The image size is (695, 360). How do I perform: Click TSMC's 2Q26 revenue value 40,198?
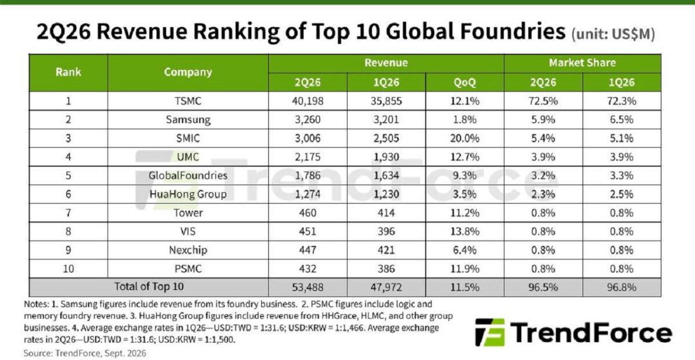(x=308, y=101)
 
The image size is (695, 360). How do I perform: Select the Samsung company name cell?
(x=188, y=120)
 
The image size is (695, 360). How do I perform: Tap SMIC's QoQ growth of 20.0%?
(x=464, y=138)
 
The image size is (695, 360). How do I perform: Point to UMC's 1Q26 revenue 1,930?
(x=386, y=157)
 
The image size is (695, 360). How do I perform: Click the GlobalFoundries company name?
(x=188, y=175)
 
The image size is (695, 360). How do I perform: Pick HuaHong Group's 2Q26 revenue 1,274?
(x=308, y=194)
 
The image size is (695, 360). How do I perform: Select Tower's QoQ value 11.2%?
(x=464, y=213)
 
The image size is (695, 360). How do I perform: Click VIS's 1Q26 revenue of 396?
(x=386, y=232)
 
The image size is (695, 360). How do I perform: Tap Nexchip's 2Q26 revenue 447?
(x=308, y=250)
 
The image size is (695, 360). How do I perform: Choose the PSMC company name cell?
(x=188, y=269)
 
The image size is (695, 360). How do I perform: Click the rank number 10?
(x=68, y=269)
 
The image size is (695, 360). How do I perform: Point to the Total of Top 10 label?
(x=149, y=286)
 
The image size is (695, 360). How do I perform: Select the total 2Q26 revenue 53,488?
(x=308, y=287)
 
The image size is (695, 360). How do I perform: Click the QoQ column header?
(x=464, y=83)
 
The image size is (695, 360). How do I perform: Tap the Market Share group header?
(x=583, y=63)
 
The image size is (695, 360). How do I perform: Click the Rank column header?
(x=68, y=72)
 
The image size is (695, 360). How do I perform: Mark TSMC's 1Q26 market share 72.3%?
(x=621, y=101)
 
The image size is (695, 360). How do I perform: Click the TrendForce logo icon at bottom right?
(x=490, y=332)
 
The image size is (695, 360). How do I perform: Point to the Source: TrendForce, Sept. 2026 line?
(x=85, y=353)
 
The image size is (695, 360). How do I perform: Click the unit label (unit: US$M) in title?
(x=613, y=34)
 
